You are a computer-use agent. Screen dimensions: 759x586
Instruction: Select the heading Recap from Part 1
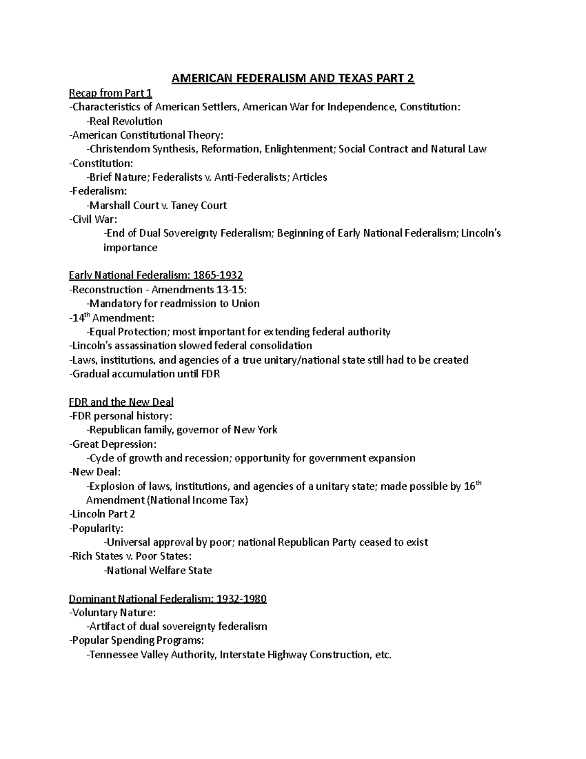[110, 93]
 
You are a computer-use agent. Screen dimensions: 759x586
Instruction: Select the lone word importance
[130, 248]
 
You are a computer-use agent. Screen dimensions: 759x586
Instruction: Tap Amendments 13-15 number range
[227, 290]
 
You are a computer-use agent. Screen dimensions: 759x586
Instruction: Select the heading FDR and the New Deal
[121, 402]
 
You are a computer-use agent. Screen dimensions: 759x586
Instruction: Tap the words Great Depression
[113, 444]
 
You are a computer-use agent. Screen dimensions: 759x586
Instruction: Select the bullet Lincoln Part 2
[102, 514]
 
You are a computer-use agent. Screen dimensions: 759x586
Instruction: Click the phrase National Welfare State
[159, 570]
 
